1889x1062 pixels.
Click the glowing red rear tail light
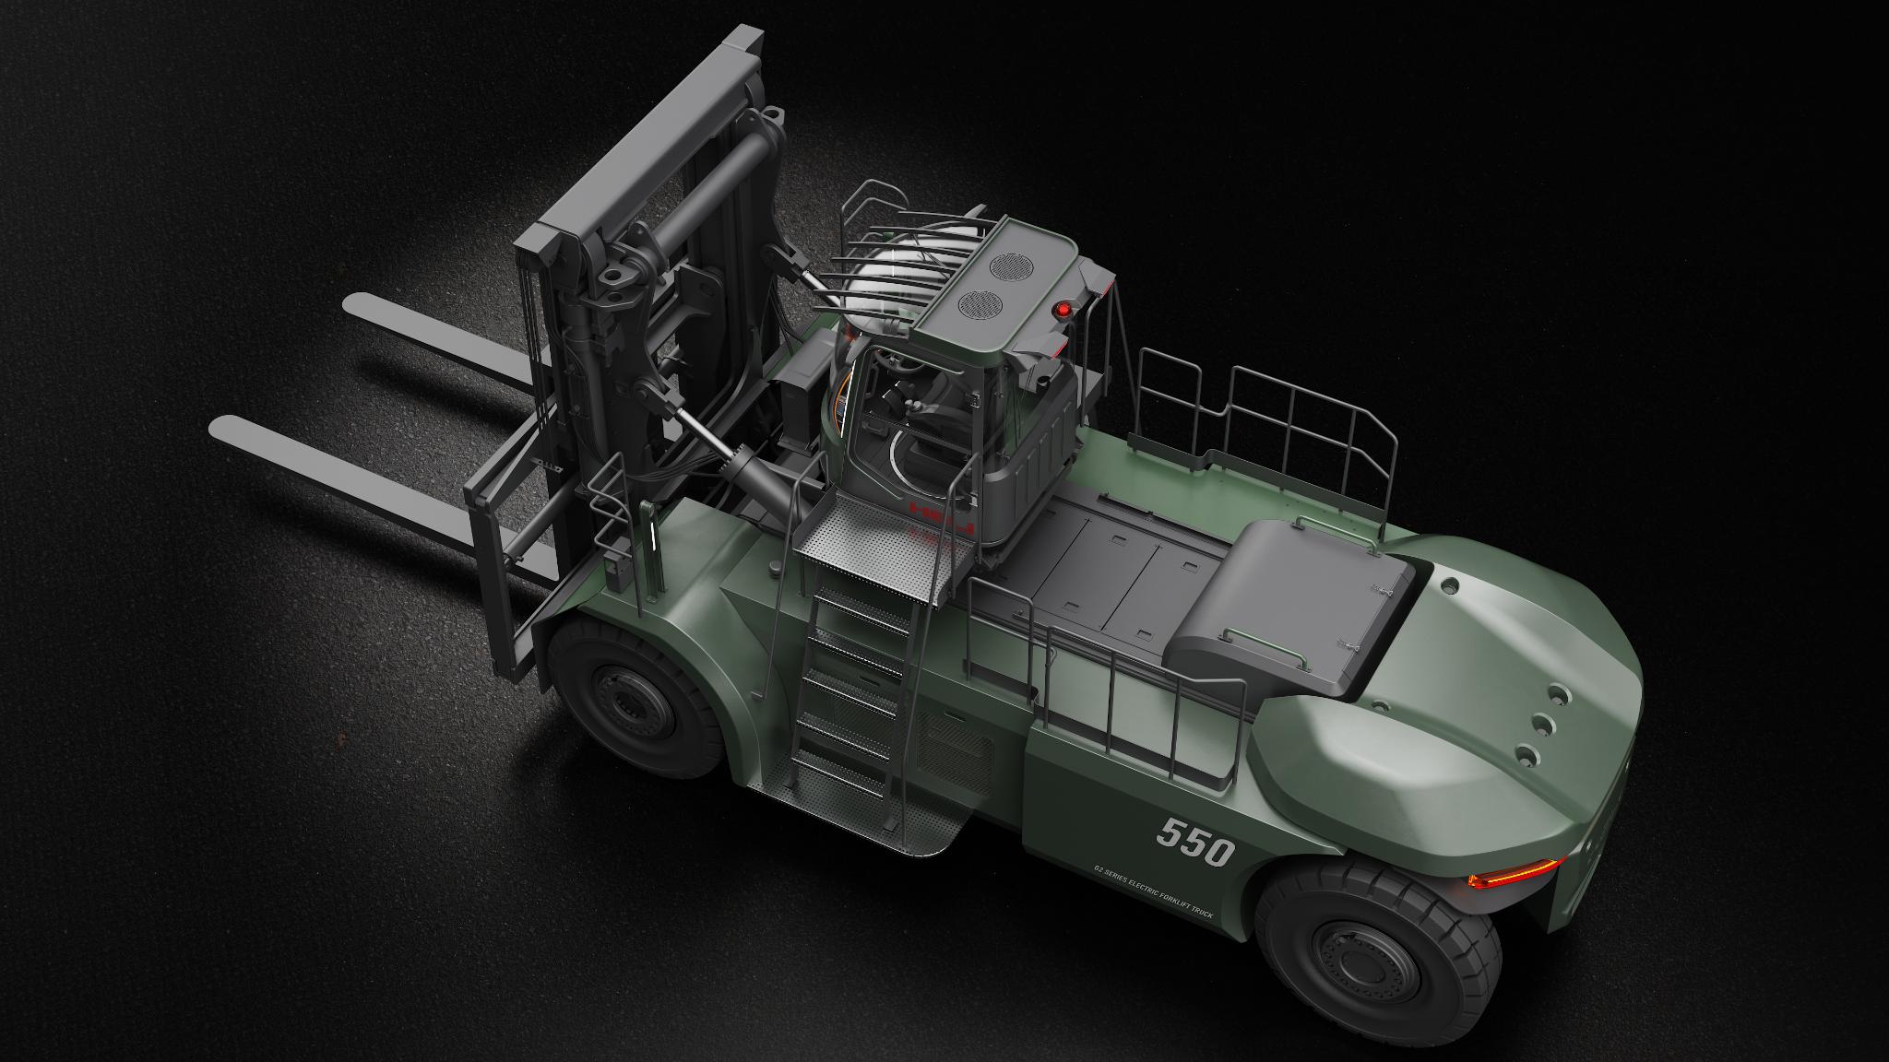coord(1514,875)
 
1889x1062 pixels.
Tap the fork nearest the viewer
coord(350,470)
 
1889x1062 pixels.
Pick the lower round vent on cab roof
coord(974,302)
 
